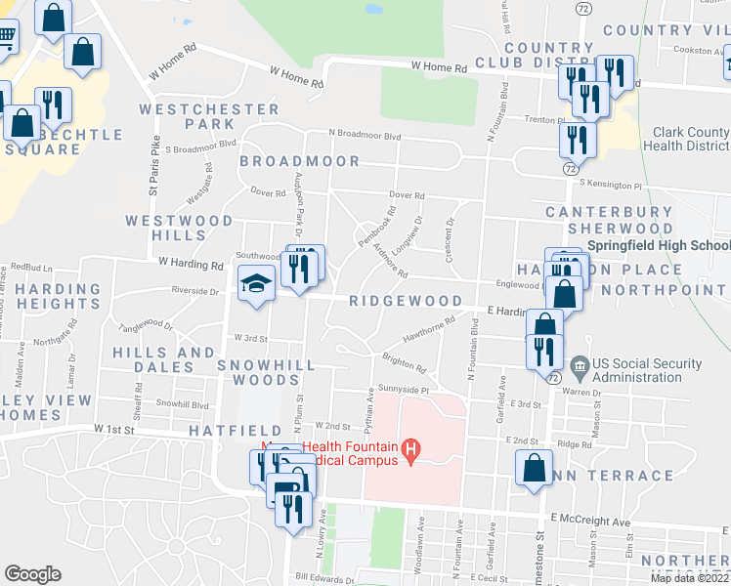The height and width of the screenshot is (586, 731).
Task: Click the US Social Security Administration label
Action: pos(646,371)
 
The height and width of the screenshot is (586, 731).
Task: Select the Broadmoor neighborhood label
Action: pos(299,161)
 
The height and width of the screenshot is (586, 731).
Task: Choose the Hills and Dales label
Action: pos(163,359)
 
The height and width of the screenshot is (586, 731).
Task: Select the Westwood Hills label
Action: pos(179,229)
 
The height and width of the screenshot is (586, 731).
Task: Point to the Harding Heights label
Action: pos(58,297)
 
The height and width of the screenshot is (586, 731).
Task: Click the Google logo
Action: pos(32,573)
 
